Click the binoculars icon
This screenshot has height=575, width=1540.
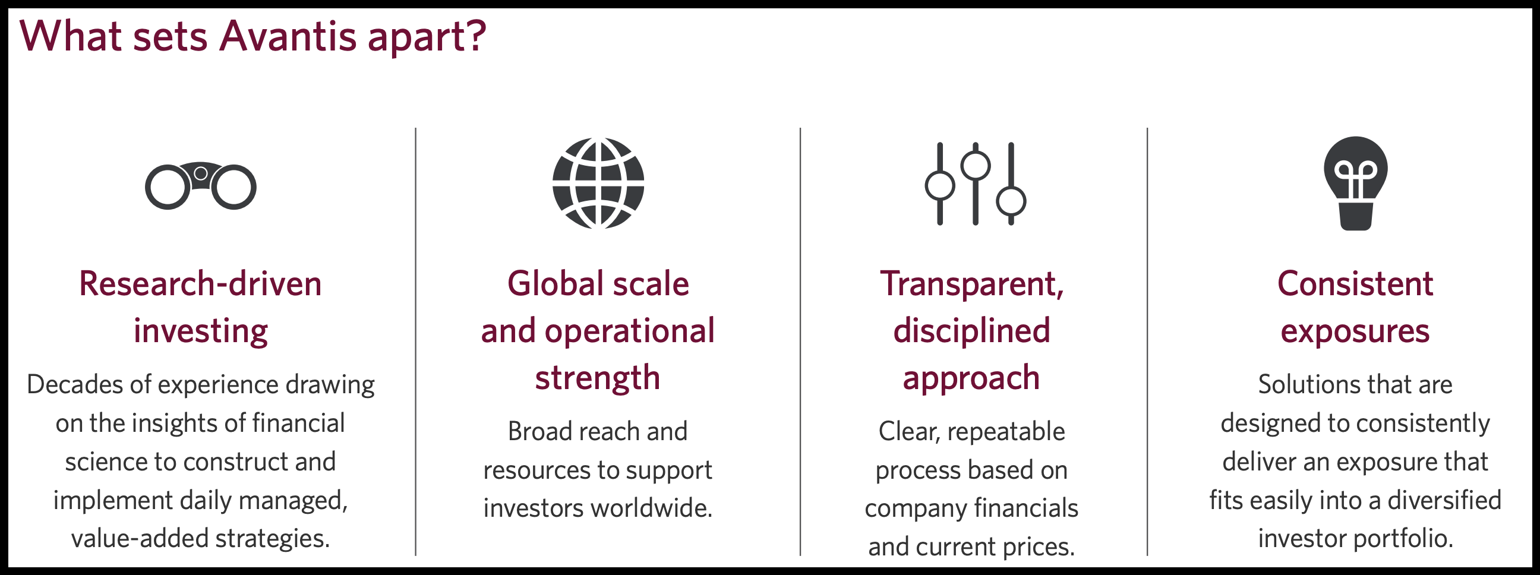pyautogui.click(x=201, y=185)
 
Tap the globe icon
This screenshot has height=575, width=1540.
pyautogui.click(x=598, y=183)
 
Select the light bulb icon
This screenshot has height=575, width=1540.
pyautogui.click(x=1355, y=183)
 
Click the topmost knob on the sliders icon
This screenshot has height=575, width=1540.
pyautogui.click(x=976, y=166)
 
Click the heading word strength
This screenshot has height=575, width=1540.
pyautogui.click(x=598, y=379)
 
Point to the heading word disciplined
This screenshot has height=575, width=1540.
pyautogui.click(x=972, y=331)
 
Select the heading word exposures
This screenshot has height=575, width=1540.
pyautogui.click(x=1355, y=332)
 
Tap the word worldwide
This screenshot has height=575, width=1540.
pyautogui.click(x=652, y=508)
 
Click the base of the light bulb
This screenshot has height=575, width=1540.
pyautogui.click(x=1355, y=217)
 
